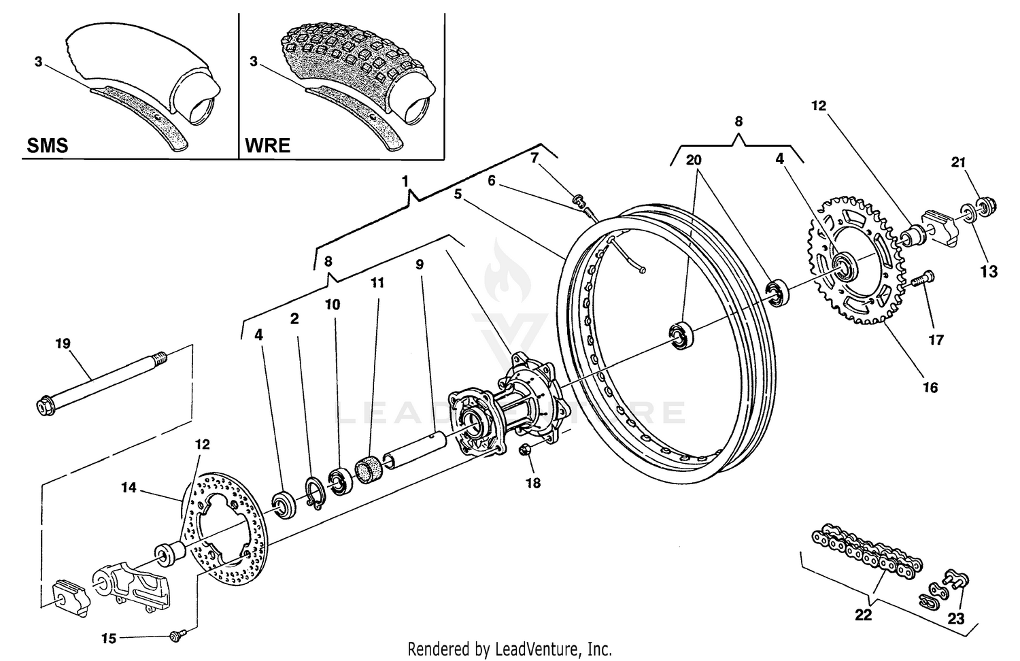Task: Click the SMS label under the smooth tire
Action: click(x=47, y=146)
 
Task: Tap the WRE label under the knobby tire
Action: click(x=267, y=146)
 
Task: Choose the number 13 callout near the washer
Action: click(x=989, y=271)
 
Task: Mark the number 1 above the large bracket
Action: click(x=405, y=182)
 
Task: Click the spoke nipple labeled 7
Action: click(x=580, y=200)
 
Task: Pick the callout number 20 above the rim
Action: click(x=693, y=160)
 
